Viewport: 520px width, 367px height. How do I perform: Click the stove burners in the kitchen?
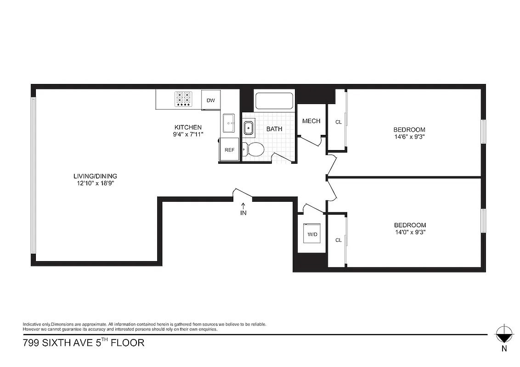(183, 99)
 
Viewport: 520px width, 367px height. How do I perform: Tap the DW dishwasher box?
(211, 100)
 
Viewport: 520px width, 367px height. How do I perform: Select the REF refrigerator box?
(229, 150)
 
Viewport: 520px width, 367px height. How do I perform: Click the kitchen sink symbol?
(229, 123)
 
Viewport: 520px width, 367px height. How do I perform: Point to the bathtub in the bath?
(274, 101)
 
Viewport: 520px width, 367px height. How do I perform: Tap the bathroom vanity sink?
(249, 128)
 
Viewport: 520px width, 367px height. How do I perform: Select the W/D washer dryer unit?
(312, 234)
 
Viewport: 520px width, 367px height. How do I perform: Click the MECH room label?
(311, 121)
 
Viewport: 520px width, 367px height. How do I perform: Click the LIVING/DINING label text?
(95, 176)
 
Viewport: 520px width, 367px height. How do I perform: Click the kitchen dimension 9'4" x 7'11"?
(187, 134)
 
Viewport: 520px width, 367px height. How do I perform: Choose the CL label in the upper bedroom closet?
(339, 122)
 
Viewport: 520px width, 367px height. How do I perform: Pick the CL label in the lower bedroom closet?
(339, 240)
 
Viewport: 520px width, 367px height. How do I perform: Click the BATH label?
(274, 129)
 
